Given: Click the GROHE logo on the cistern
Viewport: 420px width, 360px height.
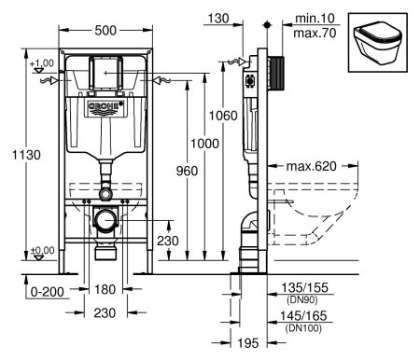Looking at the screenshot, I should [105, 109].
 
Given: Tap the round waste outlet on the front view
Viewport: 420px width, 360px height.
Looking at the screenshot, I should [105, 225].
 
